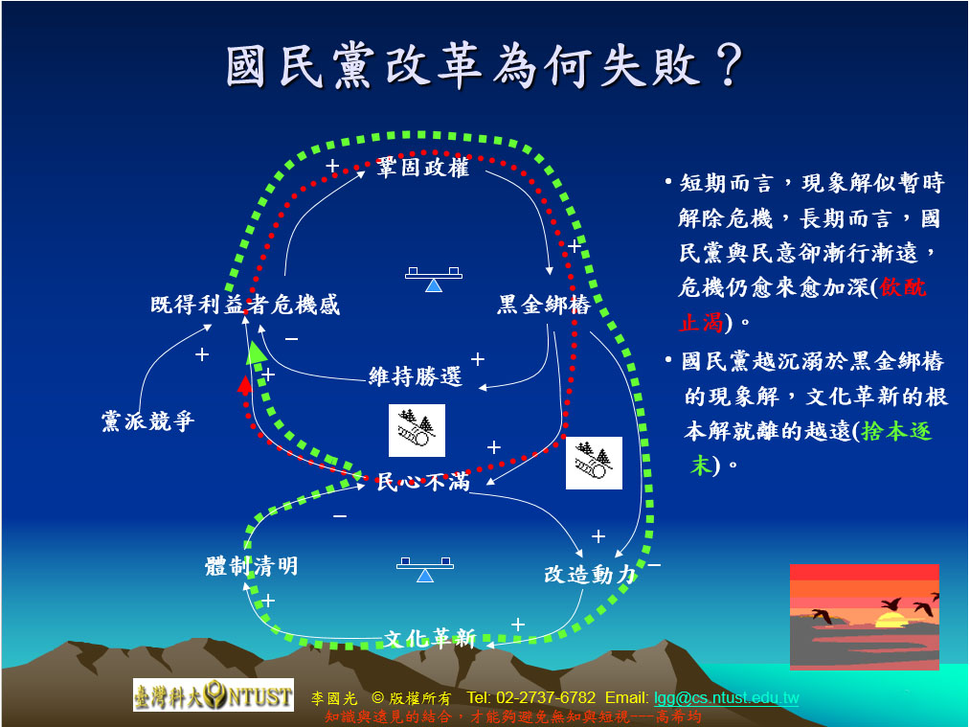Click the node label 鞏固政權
point(422,167)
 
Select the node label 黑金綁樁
point(544,305)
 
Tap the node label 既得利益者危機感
point(245,305)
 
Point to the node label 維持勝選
point(415,376)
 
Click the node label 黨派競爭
point(147,420)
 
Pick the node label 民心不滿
point(423,482)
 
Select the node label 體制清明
point(251,565)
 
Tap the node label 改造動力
point(590,574)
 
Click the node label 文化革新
point(430,638)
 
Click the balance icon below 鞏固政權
point(434,279)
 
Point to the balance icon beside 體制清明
point(425,569)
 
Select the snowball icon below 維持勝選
point(417,430)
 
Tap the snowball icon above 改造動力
point(594,463)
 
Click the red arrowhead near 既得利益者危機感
point(245,385)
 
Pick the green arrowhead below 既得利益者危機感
point(256,352)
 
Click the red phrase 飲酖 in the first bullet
point(903,287)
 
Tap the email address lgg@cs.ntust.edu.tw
point(726,698)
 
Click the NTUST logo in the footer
point(214,694)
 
